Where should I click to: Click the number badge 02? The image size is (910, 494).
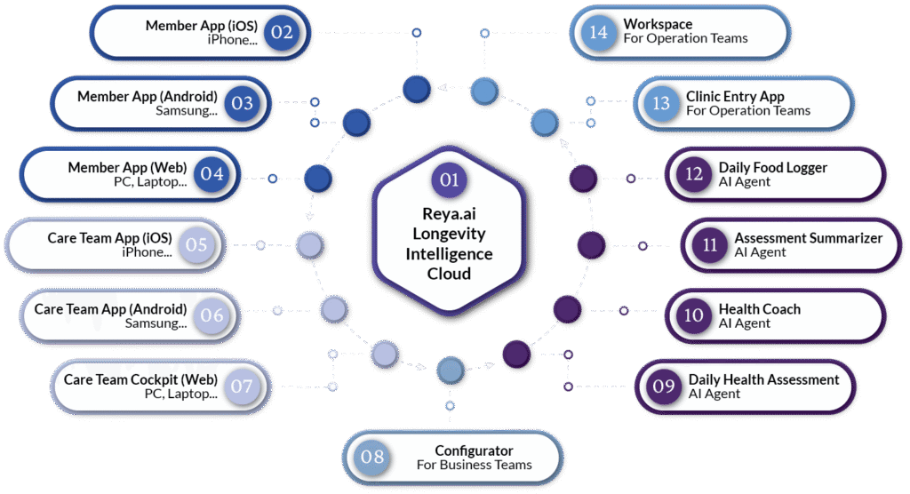click(283, 33)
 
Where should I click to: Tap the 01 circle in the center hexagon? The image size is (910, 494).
click(449, 179)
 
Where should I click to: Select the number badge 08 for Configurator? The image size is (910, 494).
click(372, 457)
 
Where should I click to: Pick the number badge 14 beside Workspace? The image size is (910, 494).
click(598, 32)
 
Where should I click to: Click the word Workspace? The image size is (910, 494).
click(658, 24)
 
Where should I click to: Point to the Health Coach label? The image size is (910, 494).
click(759, 309)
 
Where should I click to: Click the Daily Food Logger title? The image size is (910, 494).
click(772, 167)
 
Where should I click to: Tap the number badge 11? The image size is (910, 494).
click(709, 244)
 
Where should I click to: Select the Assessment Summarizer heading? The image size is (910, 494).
click(808, 238)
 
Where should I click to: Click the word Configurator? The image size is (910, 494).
click(474, 450)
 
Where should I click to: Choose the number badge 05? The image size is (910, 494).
click(197, 244)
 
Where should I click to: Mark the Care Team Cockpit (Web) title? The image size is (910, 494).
click(140, 379)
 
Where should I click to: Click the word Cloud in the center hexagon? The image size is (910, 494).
click(449, 274)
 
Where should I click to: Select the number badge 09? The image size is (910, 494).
click(663, 386)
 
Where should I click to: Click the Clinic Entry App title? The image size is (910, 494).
click(735, 96)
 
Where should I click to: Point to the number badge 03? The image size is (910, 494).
click(243, 103)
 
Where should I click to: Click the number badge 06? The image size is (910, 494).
click(212, 315)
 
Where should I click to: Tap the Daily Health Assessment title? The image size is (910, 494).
click(763, 379)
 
